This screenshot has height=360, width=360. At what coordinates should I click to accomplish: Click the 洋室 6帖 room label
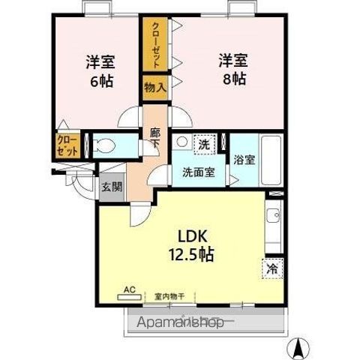(99, 70)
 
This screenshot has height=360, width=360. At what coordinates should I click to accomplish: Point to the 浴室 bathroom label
(244, 160)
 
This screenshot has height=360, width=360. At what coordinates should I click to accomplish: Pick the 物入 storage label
(154, 87)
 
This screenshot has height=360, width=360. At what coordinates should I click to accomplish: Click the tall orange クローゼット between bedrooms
(155, 43)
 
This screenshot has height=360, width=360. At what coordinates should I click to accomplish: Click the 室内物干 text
(169, 295)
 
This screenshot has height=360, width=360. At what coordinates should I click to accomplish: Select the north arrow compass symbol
(300, 348)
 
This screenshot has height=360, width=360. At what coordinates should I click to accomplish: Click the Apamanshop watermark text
(178, 322)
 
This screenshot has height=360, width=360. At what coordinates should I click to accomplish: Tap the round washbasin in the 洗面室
(181, 142)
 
